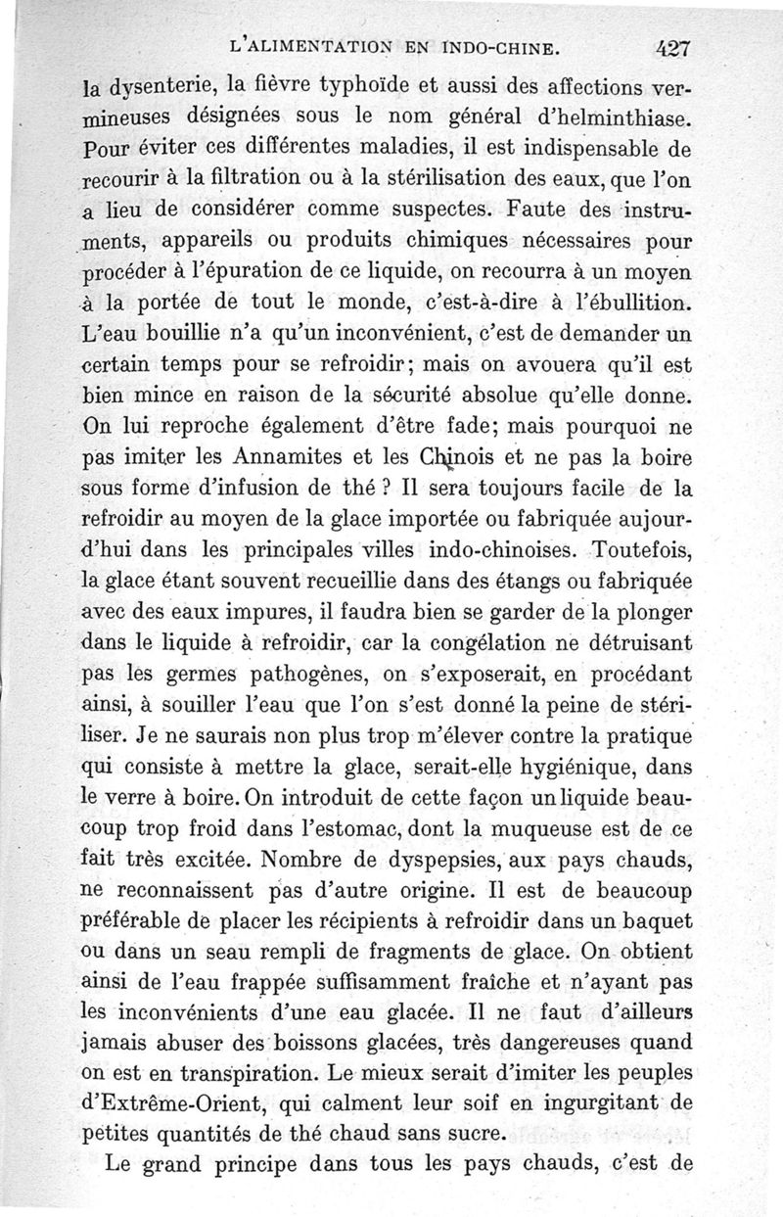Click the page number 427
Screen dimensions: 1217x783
pyautogui.click(x=675, y=46)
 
